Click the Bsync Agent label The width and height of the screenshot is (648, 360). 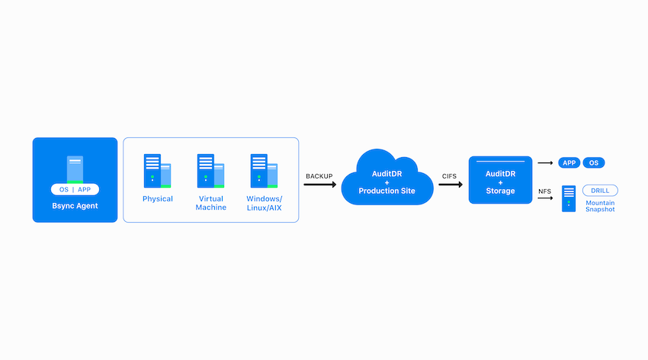coord(75,206)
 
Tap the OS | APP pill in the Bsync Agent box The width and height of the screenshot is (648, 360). coord(75,189)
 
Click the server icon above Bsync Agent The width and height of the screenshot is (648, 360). coord(75,169)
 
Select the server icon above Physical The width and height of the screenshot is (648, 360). coord(157,171)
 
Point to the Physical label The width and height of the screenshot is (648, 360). coord(158,199)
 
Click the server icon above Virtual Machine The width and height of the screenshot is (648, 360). coord(210,171)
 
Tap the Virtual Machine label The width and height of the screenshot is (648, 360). coord(210,203)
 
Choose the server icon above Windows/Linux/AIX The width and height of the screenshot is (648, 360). coord(264,171)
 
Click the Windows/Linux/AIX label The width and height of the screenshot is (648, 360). coord(264,203)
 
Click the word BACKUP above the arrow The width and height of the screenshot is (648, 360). coord(319,176)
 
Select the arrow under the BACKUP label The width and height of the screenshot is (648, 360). coord(320,185)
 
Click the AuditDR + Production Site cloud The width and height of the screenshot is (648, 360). coord(387,178)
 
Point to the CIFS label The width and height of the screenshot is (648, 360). coord(449,176)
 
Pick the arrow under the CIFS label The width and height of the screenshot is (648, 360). coord(451,185)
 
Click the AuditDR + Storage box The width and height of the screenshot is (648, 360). coord(500,180)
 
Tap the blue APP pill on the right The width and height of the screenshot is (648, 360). coord(569,163)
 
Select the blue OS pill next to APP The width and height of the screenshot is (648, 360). coord(594,163)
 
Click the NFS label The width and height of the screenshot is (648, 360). coord(544,191)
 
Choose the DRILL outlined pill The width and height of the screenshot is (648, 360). coord(600,191)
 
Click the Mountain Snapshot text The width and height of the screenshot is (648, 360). coord(600,206)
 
